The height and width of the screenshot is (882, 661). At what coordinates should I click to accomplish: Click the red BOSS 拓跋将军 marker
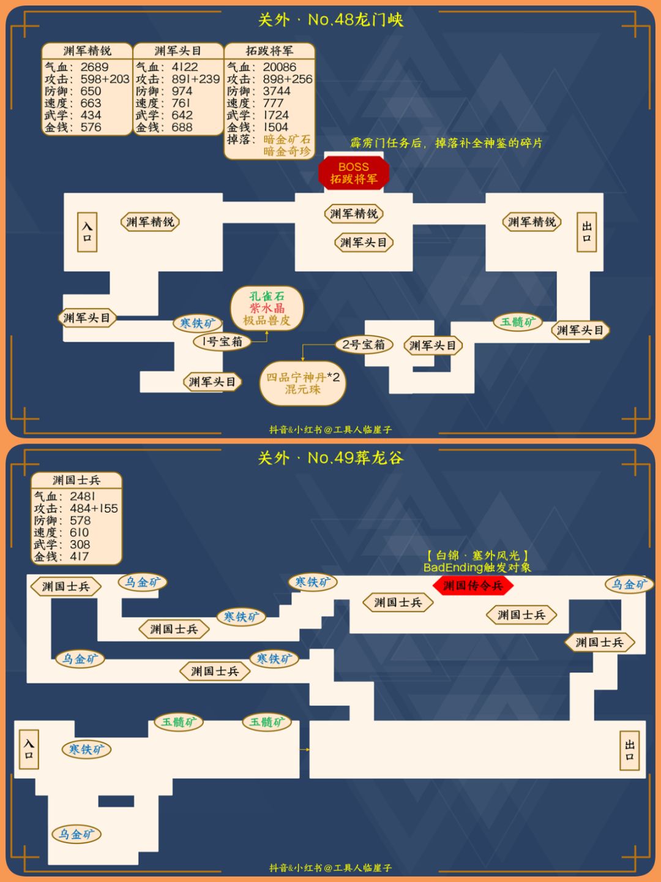coord(354,173)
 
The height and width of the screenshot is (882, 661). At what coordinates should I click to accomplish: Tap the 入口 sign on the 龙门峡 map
coord(87,232)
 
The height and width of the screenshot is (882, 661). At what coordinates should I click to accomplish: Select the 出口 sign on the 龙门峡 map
coord(586,232)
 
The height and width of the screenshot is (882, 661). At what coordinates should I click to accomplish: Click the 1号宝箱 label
coord(222,342)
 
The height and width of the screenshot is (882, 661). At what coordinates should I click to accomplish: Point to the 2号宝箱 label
coord(364,344)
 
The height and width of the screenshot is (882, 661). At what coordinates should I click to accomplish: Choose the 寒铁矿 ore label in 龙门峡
coord(198,323)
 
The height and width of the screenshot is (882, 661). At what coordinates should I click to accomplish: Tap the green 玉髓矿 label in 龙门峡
coord(518,322)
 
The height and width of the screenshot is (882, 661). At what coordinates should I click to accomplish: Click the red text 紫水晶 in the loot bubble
coord(267,308)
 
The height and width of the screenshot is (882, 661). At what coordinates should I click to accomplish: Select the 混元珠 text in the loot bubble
coord(302,389)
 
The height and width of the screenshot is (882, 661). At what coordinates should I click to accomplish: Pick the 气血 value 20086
coord(279,67)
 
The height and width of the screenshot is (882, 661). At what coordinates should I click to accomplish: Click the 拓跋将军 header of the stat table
coord(269,51)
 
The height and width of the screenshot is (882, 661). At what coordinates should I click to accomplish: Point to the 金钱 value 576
coord(91,127)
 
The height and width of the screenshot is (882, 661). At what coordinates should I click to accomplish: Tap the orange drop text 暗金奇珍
coord(287,151)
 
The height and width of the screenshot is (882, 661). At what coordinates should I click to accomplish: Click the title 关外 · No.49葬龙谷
coord(330,458)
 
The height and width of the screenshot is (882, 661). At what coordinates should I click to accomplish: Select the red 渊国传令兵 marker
coord(473,586)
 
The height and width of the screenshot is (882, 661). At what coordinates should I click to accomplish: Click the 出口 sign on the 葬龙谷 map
coord(629,750)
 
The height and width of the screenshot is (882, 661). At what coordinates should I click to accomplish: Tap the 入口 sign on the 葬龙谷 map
coord(29,750)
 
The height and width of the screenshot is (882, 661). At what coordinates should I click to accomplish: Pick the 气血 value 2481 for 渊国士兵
coord(82,496)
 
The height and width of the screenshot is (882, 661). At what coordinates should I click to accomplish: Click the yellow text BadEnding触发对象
coord(477,567)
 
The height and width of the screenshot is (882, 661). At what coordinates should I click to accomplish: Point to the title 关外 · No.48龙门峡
coord(330,20)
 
